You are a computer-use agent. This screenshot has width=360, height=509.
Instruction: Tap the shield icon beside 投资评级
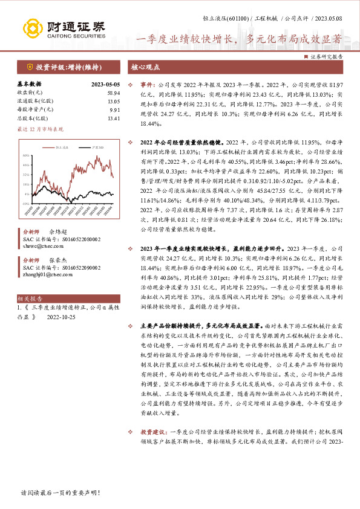tap(30, 66)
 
